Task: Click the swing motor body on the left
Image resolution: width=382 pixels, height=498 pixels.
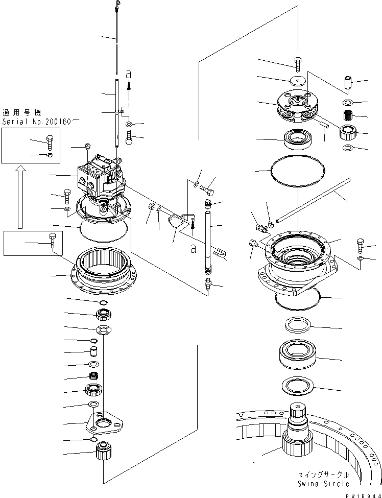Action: tap(100, 177)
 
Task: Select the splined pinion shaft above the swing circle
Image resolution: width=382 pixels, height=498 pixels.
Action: tap(297, 429)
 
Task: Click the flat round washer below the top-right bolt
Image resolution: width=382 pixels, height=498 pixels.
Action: tap(297, 80)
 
